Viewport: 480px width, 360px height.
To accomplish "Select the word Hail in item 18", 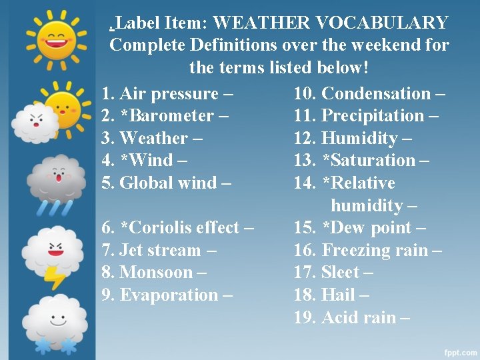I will (x=337, y=295).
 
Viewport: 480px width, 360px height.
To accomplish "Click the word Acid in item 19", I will (x=338, y=317).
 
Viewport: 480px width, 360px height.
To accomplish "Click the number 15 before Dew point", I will (x=305, y=228).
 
